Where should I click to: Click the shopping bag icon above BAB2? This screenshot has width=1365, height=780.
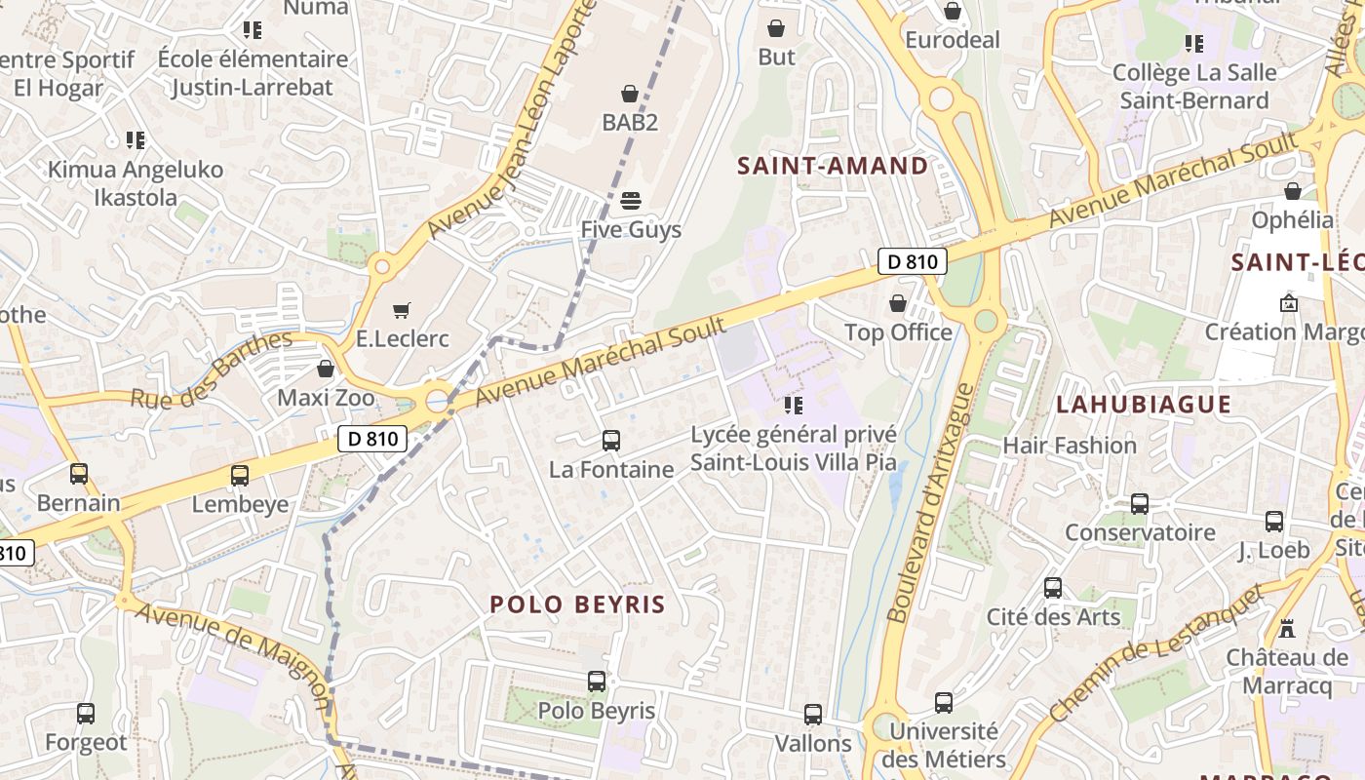click(630, 94)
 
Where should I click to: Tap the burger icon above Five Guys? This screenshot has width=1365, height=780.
click(630, 201)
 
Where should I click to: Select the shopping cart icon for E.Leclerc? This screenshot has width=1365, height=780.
click(401, 310)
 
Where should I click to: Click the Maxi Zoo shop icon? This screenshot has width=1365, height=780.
click(326, 369)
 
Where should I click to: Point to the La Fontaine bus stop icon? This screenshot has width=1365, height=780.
click(611, 441)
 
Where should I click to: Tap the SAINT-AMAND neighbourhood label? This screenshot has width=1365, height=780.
click(833, 166)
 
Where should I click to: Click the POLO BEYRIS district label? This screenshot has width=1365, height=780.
click(577, 604)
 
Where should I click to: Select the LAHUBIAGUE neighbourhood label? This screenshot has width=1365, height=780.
click(1144, 405)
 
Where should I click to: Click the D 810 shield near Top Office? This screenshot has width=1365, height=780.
click(913, 261)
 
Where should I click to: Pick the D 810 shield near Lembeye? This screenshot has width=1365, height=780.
click(372, 439)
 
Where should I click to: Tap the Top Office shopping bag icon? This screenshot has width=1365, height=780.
click(898, 303)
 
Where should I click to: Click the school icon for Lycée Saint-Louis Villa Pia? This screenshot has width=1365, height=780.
click(794, 405)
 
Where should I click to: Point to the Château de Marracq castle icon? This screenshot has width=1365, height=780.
click(1287, 629)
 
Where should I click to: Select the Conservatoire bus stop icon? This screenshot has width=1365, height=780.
click(1140, 504)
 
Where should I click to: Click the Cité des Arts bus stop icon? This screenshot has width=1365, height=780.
click(1053, 588)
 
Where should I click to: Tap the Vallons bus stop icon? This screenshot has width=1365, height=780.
click(813, 715)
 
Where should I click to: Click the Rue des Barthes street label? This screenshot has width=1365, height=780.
click(212, 370)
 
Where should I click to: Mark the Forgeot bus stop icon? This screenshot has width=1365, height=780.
click(86, 714)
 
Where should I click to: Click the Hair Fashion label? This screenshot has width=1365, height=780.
click(1070, 446)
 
